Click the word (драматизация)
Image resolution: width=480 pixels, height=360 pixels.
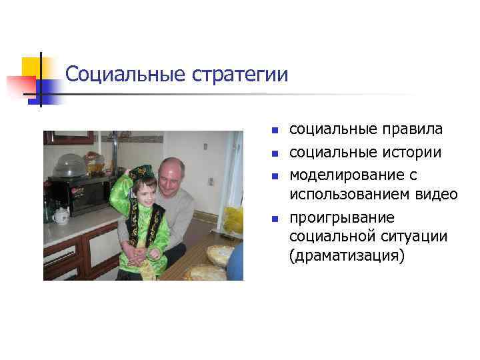[347, 257]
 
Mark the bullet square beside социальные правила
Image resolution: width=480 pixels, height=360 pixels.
[273, 130]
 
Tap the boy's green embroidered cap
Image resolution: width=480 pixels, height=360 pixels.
[142, 173]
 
